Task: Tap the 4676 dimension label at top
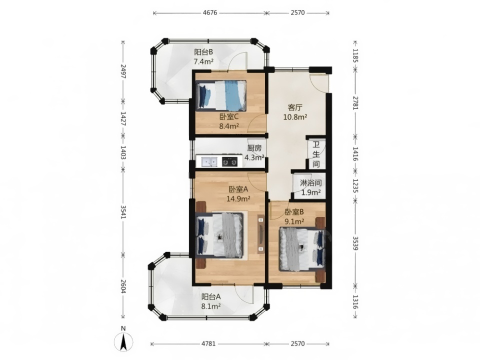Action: tap(210, 12)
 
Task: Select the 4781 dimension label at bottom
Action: tap(208, 343)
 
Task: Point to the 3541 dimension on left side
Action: tap(123, 211)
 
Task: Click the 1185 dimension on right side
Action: tap(355, 55)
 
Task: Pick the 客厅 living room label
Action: tap(295, 107)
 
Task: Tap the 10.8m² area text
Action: tap(295, 117)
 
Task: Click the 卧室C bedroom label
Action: tap(229, 116)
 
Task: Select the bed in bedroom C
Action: tap(221, 95)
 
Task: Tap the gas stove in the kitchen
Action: tap(229, 161)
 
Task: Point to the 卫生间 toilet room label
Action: tap(316, 154)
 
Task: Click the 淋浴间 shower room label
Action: tap(310, 183)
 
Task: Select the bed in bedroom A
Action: tap(219, 235)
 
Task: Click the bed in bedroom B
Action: tap(302, 249)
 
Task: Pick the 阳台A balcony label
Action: tap(211, 296)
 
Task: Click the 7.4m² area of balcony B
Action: tap(203, 61)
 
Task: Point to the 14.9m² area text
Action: tap(238, 199)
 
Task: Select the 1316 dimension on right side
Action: tap(355, 302)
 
